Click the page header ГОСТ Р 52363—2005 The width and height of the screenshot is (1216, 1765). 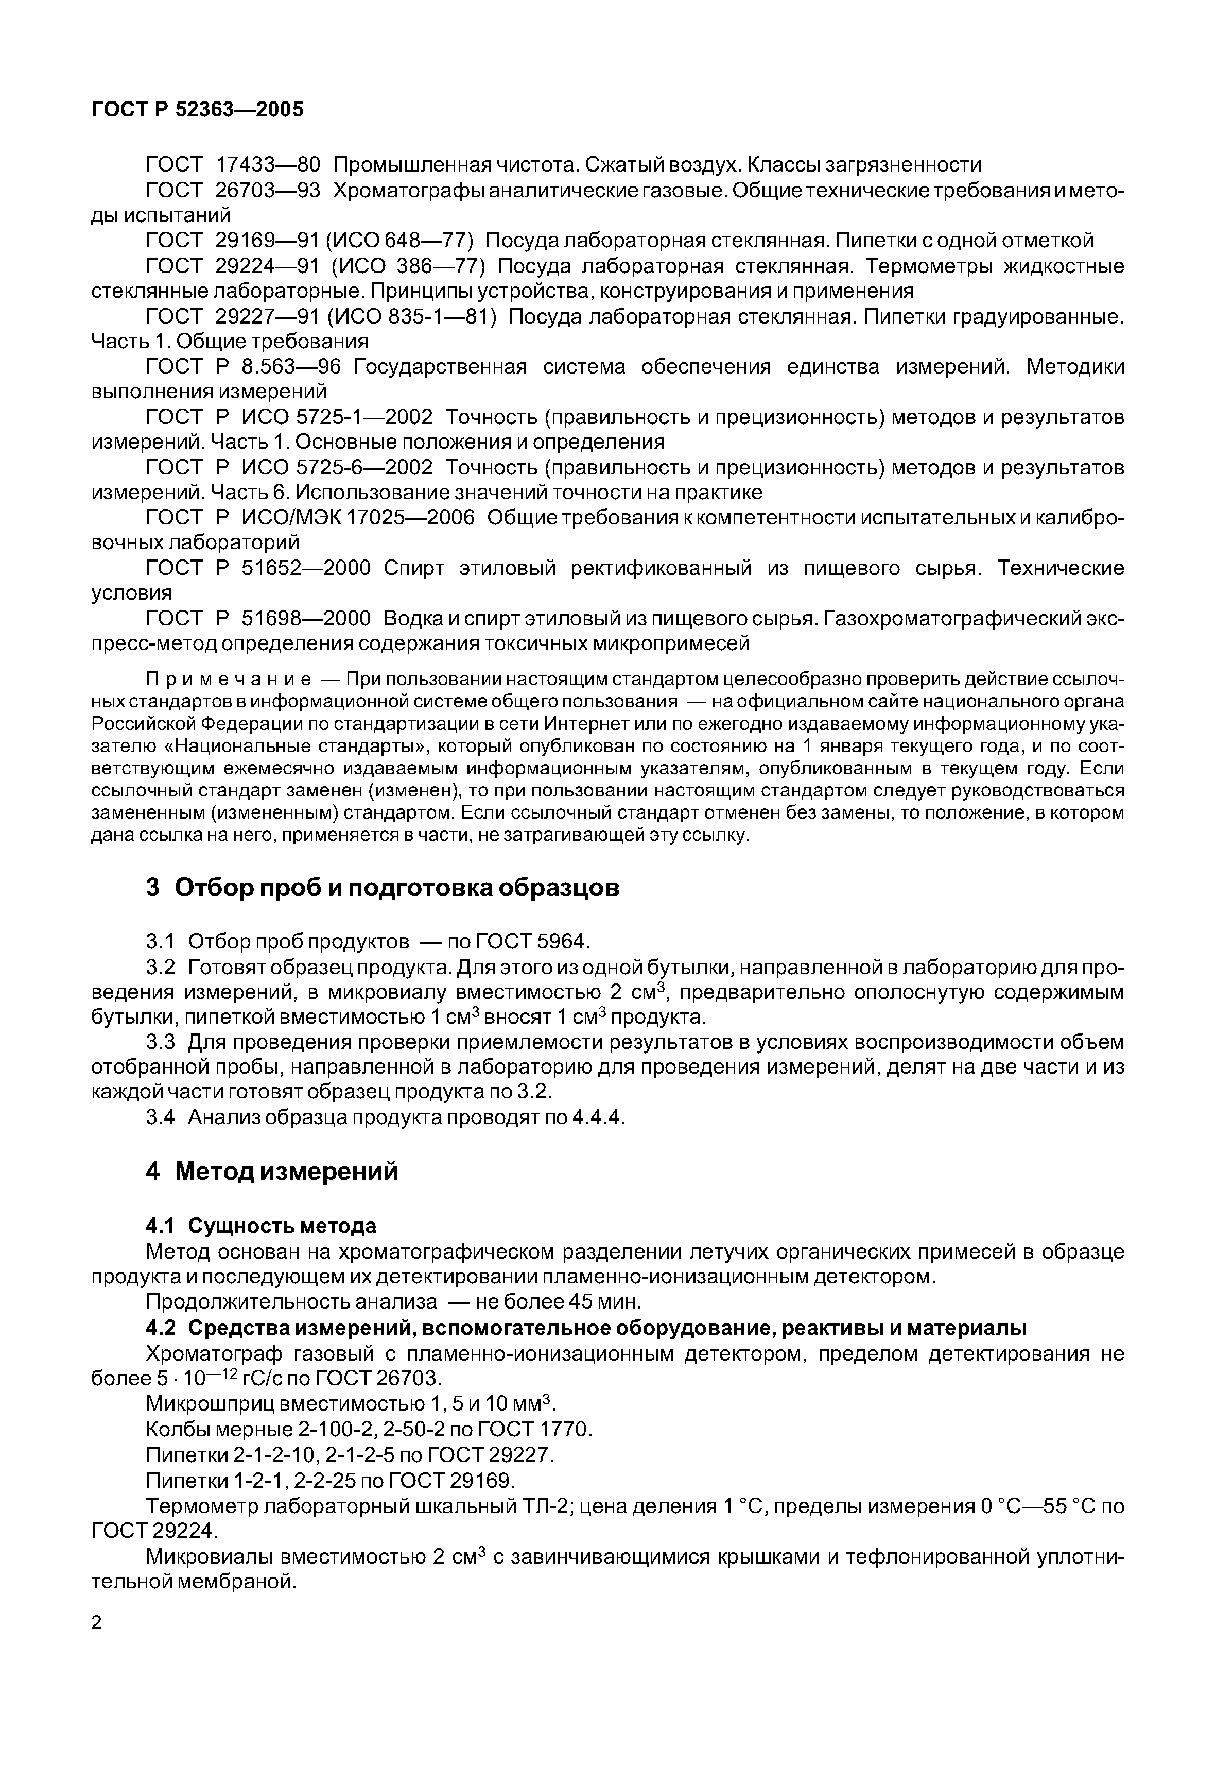[x=197, y=110]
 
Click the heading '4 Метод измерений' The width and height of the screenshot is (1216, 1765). [x=271, y=1171]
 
